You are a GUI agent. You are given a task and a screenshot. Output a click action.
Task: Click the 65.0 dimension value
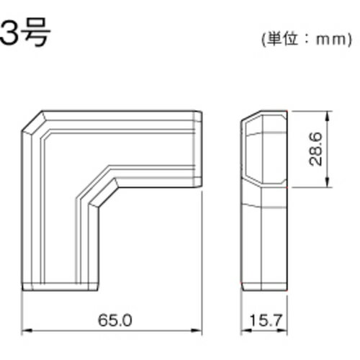click(112, 318)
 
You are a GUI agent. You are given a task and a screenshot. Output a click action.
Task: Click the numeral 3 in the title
click(13, 32)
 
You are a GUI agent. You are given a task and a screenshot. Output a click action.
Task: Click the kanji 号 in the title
click(36, 32)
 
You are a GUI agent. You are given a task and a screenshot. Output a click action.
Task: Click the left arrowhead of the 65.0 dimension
click(27, 331)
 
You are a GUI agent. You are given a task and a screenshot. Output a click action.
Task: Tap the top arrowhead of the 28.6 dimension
click(329, 113)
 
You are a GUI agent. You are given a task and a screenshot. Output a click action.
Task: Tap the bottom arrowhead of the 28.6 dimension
click(329, 184)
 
